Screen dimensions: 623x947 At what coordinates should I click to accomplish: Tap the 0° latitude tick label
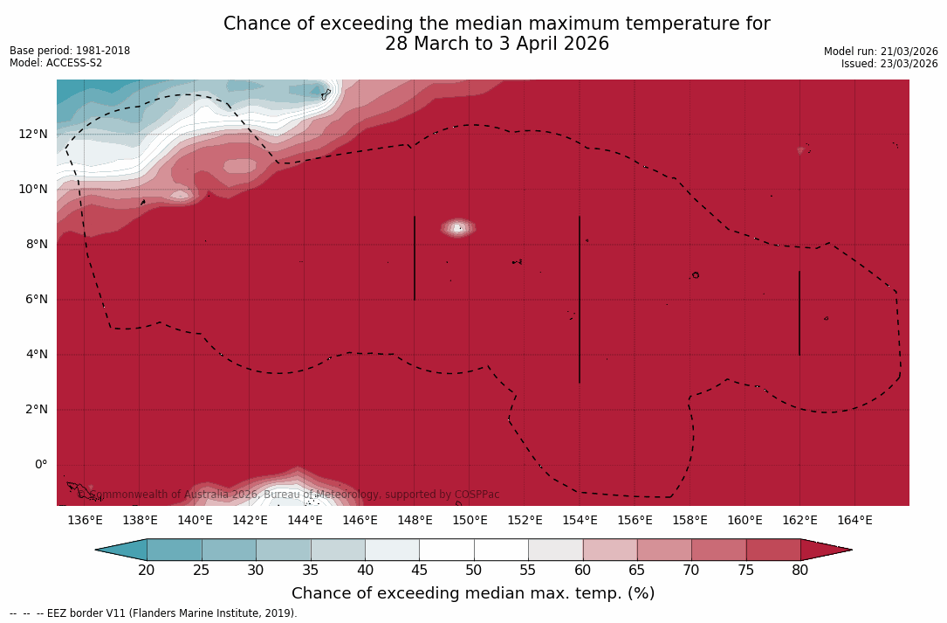(40, 465)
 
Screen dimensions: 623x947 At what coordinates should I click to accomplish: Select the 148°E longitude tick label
(415, 521)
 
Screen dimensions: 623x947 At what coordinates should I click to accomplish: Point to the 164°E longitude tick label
(854, 521)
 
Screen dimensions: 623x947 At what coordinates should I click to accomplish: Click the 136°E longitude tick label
(85, 521)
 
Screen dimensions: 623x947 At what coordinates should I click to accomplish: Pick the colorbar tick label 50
(474, 571)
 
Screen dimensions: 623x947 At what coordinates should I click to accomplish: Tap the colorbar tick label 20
(147, 571)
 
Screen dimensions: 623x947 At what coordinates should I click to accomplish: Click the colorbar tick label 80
(800, 571)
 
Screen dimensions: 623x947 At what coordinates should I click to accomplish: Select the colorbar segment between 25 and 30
(229, 550)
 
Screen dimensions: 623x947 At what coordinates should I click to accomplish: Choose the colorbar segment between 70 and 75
(718, 550)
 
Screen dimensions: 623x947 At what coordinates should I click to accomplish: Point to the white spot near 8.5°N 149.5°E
(458, 228)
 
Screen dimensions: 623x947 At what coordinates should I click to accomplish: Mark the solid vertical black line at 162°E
(799, 313)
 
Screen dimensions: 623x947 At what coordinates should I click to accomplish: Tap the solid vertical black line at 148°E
(415, 258)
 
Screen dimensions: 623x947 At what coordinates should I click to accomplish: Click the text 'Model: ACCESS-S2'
(56, 63)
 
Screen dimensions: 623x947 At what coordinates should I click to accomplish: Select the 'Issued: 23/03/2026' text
(889, 64)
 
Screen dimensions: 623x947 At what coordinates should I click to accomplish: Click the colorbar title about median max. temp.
(473, 594)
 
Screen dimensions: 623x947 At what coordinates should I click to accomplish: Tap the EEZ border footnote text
(154, 613)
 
